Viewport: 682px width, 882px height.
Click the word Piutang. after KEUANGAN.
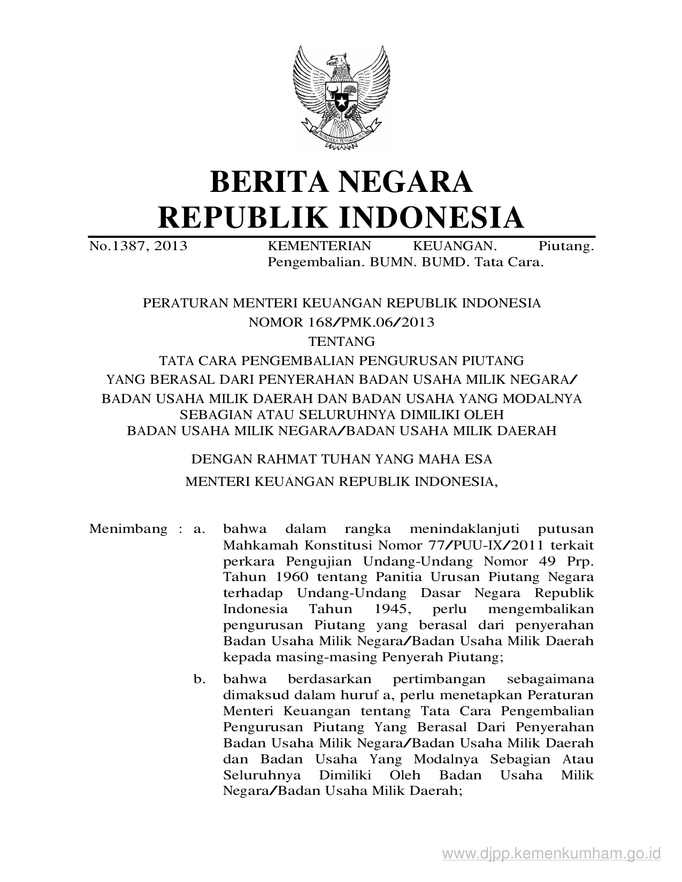pyautogui.click(x=566, y=246)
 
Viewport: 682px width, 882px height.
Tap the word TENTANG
pyautogui.click(x=341, y=341)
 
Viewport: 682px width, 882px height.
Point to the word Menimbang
pyautogui.click(x=128, y=529)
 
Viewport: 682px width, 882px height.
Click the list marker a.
pyautogui.click(x=200, y=529)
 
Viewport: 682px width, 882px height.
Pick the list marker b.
pyautogui.click(x=200, y=679)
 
